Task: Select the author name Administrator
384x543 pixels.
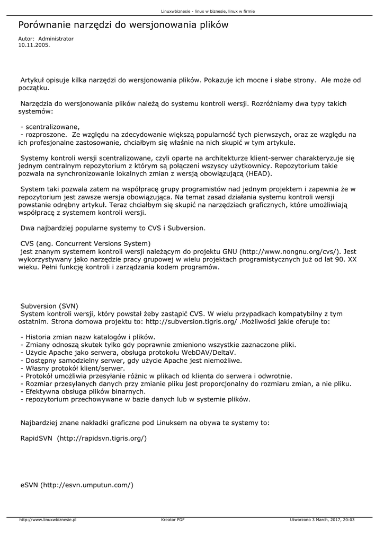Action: click(x=56, y=39)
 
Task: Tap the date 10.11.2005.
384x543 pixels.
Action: click(x=34, y=45)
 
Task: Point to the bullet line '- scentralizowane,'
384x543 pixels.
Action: click(x=50, y=127)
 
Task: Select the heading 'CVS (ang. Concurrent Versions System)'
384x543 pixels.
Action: click(x=78, y=243)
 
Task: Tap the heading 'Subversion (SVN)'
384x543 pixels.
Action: click(x=49, y=306)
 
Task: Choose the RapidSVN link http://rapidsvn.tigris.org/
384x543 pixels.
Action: click(x=102, y=439)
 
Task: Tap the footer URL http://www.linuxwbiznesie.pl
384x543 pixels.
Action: click(x=48, y=520)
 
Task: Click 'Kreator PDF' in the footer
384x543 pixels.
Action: click(x=173, y=520)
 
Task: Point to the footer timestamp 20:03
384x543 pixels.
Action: click(x=349, y=520)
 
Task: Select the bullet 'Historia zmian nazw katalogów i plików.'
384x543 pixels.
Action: click(x=87, y=337)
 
